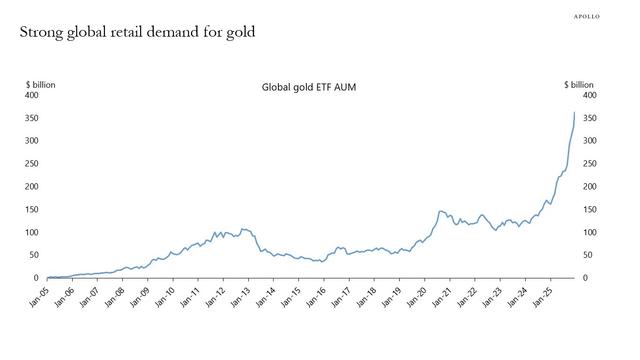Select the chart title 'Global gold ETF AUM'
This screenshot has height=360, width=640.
308,88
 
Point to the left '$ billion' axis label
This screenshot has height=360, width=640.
41,85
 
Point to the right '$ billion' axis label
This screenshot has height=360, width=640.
579,85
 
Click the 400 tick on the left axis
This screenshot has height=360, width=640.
32,96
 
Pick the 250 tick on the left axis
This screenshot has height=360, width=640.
32,164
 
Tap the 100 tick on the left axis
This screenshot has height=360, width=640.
32,232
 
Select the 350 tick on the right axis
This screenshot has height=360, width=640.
590,119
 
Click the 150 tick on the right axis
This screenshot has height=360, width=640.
590,210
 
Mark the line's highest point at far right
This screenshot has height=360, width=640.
574,112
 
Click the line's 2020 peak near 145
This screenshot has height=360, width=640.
441,211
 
